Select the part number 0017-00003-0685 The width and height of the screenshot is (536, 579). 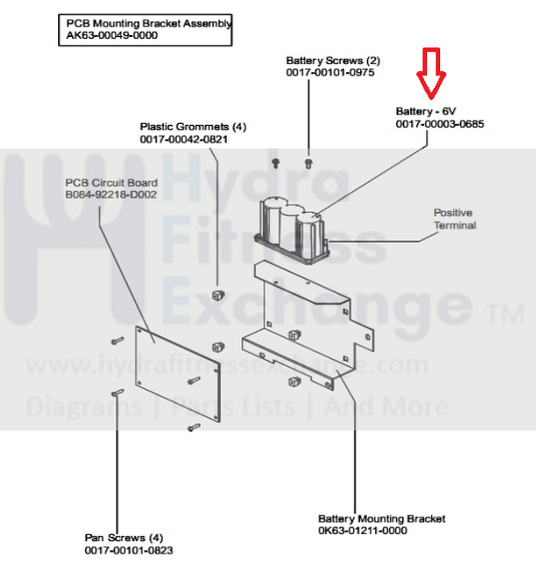[439, 124]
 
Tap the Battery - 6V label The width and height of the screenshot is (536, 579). [426, 112]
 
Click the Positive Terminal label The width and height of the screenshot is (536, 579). [454, 219]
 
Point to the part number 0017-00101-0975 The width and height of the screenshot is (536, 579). [330, 73]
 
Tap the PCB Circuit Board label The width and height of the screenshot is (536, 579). [111, 182]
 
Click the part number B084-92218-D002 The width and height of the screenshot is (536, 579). [111, 194]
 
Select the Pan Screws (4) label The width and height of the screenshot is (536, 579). [124, 538]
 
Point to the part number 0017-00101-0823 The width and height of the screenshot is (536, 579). [128, 550]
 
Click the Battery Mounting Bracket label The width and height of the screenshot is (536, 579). [382, 518]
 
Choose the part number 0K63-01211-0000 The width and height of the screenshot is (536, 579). [363, 531]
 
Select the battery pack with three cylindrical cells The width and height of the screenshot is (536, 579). [290, 228]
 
